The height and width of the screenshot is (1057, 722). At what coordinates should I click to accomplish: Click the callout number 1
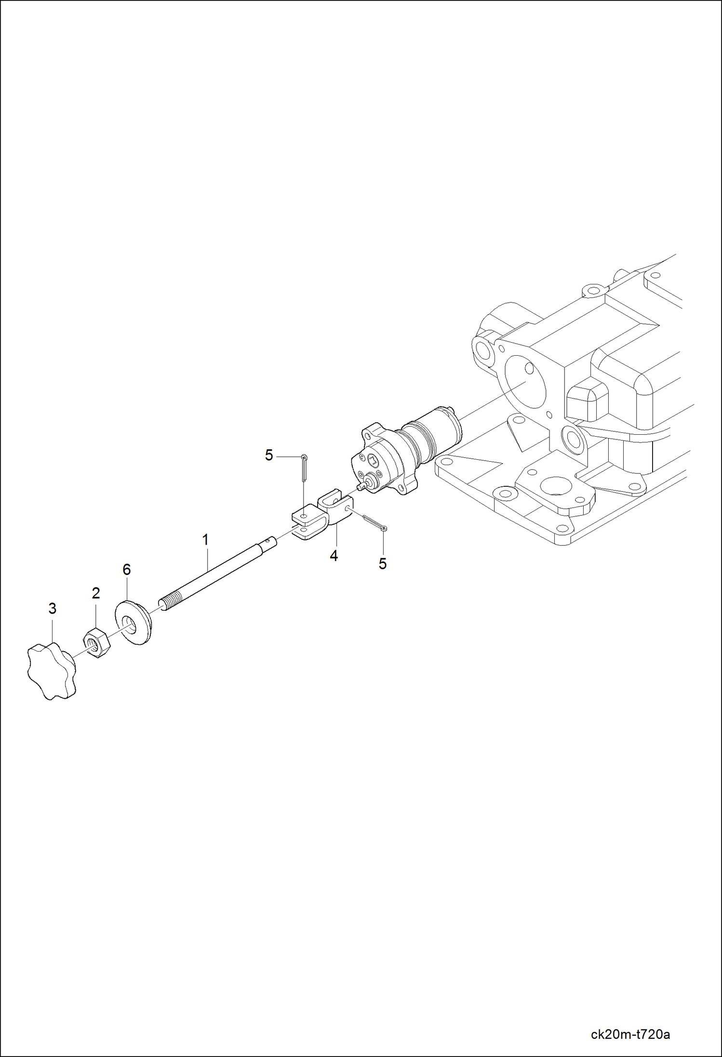point(205,540)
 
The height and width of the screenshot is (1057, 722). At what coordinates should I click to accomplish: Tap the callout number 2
point(96,593)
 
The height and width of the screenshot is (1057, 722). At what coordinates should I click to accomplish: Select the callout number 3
point(53,609)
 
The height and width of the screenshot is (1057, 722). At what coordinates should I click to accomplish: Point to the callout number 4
point(334,556)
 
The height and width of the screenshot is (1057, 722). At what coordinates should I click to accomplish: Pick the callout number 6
point(127,570)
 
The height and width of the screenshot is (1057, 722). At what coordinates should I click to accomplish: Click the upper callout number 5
point(269,455)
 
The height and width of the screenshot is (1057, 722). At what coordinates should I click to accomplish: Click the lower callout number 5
point(383,564)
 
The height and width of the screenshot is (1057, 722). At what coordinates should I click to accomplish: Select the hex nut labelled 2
point(97,643)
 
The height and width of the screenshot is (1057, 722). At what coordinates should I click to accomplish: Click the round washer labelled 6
point(133,622)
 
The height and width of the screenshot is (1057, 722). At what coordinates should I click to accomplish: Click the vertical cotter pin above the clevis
point(304,467)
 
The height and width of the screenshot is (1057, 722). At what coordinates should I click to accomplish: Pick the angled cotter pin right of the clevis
point(374,522)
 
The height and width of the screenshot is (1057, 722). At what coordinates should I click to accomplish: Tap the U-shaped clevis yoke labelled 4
point(323,516)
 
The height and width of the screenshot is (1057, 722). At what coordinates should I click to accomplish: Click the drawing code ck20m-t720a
point(630,1034)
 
